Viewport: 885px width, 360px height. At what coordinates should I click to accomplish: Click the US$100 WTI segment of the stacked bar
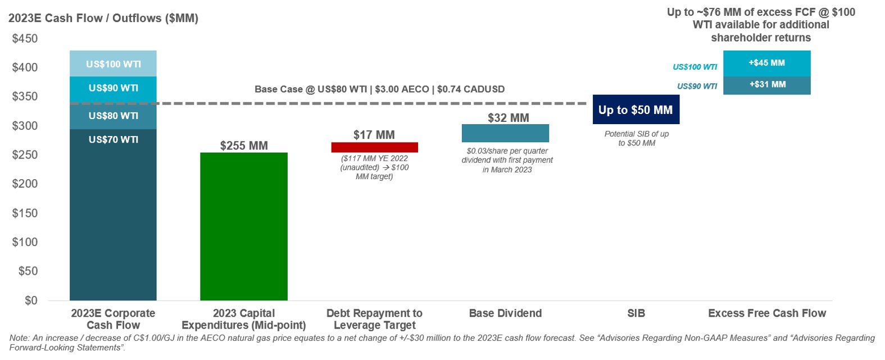point(113,63)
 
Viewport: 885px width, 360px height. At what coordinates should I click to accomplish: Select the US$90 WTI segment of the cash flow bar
point(113,88)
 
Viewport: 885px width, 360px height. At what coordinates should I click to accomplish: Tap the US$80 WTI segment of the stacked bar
point(113,116)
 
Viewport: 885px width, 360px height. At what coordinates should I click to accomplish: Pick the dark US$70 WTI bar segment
point(113,213)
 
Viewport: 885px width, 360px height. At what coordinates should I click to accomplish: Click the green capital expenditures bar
point(243,226)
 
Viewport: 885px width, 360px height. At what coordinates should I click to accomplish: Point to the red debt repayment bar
point(374,147)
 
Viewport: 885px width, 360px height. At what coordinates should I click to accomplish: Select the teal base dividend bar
point(505,133)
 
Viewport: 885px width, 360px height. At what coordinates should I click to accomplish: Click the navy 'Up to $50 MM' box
point(636,110)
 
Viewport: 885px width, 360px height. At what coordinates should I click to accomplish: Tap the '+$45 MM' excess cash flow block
point(766,63)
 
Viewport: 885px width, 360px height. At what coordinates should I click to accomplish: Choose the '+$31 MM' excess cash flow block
point(766,85)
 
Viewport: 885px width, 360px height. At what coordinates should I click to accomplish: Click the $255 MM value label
point(244,145)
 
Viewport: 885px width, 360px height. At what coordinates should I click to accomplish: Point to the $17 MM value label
point(374,135)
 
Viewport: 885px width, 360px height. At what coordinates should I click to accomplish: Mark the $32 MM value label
point(509,118)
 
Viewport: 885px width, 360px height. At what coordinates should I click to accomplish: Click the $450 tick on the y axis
point(25,39)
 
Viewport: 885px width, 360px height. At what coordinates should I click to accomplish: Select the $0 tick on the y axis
point(31,300)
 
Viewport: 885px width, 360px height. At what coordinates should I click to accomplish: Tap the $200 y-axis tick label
point(25,184)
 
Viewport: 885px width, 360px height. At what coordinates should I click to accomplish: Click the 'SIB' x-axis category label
point(636,313)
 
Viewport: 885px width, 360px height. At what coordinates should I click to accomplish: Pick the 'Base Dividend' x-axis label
point(505,313)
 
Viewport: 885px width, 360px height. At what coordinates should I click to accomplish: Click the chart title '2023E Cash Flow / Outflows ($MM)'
point(103,19)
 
